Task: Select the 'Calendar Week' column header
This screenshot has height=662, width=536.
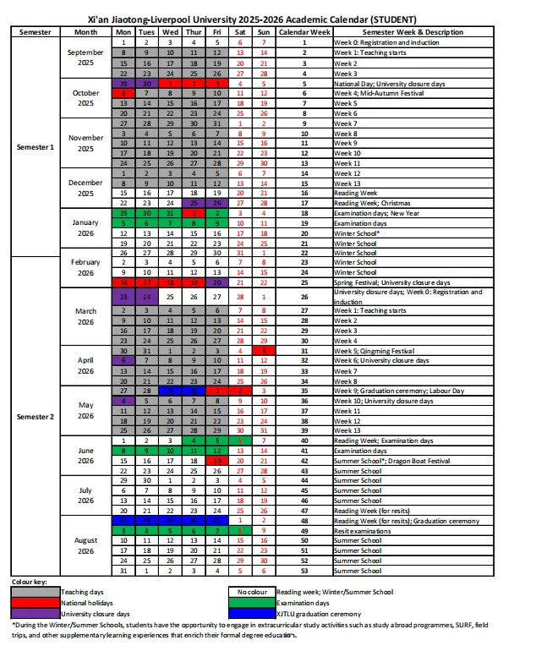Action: click(x=304, y=31)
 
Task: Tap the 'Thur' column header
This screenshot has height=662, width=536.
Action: click(x=194, y=31)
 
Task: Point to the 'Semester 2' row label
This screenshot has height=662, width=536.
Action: click(x=35, y=416)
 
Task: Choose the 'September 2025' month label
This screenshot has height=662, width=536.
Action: click(x=85, y=57)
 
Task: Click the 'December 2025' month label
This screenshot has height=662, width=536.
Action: click(x=85, y=188)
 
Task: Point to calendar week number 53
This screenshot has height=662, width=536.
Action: click(x=304, y=571)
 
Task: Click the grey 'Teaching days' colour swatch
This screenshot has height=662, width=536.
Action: click(x=36, y=593)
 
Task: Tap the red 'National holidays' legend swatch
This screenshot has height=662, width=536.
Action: click(x=36, y=603)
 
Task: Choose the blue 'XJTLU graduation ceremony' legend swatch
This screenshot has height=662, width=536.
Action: click(x=251, y=613)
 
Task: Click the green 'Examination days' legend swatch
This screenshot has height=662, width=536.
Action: click(x=251, y=603)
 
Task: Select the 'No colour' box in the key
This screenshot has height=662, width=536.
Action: click(x=251, y=593)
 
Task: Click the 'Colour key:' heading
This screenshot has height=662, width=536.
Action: click(x=30, y=583)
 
